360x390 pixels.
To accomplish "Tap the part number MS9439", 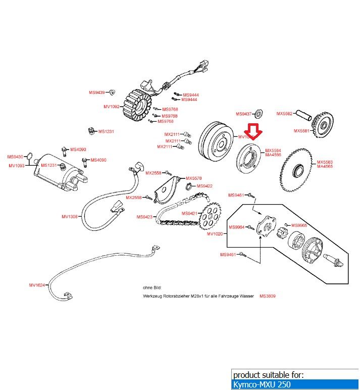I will pyautogui.click(x=96, y=92).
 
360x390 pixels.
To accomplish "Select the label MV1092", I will pyautogui.click(x=111, y=107).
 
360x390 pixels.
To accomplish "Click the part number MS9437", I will pyautogui.click(x=244, y=114).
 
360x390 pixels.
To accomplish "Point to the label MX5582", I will pyautogui.click(x=284, y=114).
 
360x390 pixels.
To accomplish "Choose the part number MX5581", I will pyautogui.click(x=302, y=131).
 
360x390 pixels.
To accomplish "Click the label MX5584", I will pyautogui.click(x=273, y=151).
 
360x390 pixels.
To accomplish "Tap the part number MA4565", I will pyautogui.click(x=325, y=166).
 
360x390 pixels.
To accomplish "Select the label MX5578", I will pyautogui.click(x=193, y=178).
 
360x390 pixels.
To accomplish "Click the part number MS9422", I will pyautogui.click(x=204, y=186).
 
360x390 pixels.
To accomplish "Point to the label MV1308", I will pyautogui.click(x=70, y=217).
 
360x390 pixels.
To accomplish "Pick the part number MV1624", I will pyautogui.click(x=37, y=285).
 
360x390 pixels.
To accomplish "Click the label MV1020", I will pyautogui.click(x=215, y=234).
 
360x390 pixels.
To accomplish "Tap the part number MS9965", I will pyautogui.click(x=299, y=225).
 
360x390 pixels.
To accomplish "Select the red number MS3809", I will pyautogui.click(x=268, y=296).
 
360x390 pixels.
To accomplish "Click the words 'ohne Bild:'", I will pyautogui.click(x=152, y=287).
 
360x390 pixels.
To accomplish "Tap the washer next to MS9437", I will pyautogui.click(x=261, y=112).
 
